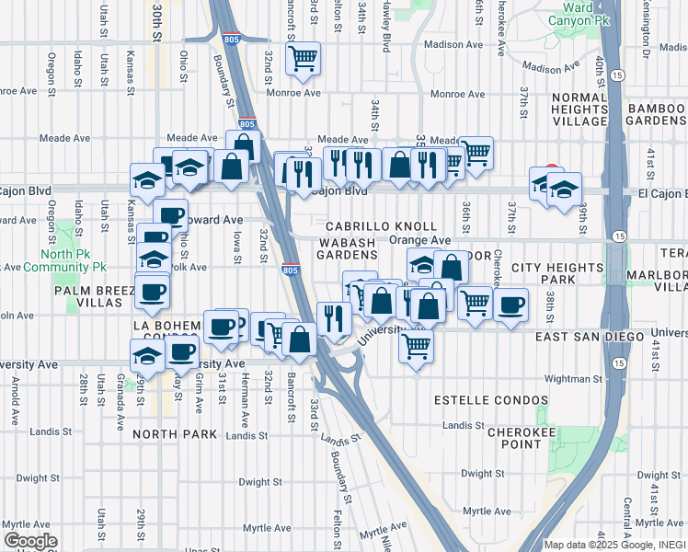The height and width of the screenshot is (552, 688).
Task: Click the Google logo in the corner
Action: point(30,541)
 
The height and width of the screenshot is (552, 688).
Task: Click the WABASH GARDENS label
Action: point(349,247)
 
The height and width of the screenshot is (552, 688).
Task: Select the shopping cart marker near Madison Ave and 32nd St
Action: point(303,59)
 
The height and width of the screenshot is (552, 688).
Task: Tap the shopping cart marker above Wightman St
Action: point(417,347)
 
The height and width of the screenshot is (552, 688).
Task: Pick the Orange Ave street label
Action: point(420,240)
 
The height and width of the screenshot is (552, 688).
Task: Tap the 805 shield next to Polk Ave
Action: point(291,270)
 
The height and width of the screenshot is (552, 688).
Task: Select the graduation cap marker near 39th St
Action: point(563,190)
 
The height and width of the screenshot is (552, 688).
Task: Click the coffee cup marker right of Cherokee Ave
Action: point(511,305)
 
